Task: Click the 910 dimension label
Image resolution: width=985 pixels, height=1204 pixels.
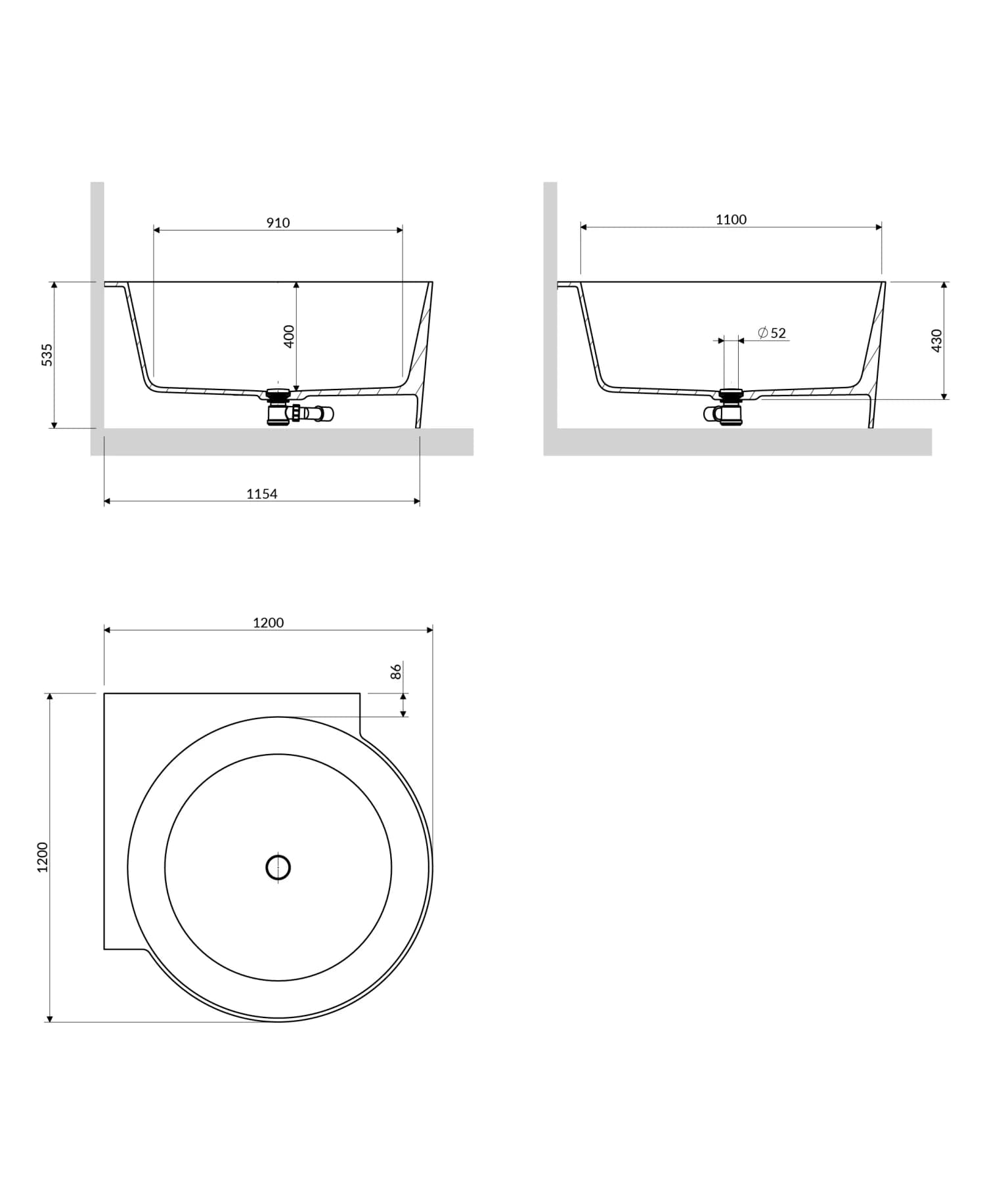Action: (278, 223)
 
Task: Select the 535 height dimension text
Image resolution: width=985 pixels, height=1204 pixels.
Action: (47, 355)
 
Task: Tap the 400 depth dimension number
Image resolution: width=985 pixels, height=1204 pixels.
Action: (289, 336)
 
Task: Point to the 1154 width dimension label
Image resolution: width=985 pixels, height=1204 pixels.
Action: (261, 494)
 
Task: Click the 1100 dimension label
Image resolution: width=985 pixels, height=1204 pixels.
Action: (731, 219)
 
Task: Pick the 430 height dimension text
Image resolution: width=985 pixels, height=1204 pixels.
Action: (937, 340)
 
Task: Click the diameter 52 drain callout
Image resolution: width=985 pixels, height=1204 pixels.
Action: (772, 333)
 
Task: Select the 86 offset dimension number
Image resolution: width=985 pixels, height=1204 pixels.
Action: (396, 671)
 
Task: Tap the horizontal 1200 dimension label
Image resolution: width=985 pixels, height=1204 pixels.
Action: (268, 623)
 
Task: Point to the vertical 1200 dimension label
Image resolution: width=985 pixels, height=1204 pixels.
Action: (43, 857)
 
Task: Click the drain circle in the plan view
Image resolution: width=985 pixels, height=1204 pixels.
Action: (278, 868)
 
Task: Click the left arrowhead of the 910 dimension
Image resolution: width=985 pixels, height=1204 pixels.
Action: (157, 230)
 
